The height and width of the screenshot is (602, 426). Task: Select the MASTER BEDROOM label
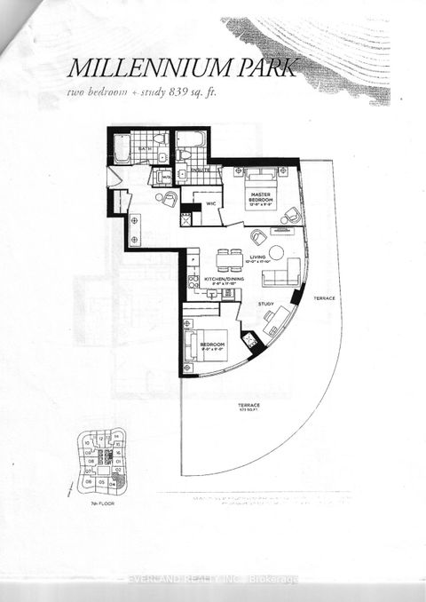coord(261,197)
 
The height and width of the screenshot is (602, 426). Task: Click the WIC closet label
coord(212,203)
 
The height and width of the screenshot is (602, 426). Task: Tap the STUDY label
coord(265,303)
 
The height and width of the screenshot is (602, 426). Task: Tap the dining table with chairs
coord(230,257)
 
